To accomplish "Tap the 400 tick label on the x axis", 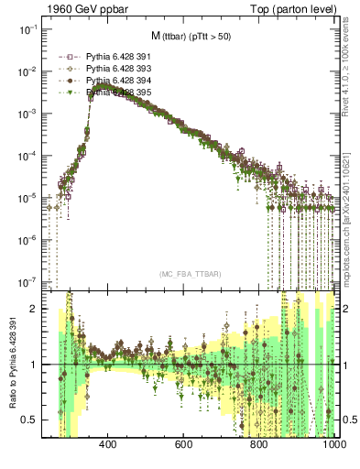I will click(106, 445).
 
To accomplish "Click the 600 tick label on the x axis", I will click(182, 445).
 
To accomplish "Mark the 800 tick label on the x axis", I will click(258, 445).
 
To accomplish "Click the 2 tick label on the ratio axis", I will click(34, 310).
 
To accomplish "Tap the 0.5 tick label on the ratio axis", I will click(29, 420).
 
